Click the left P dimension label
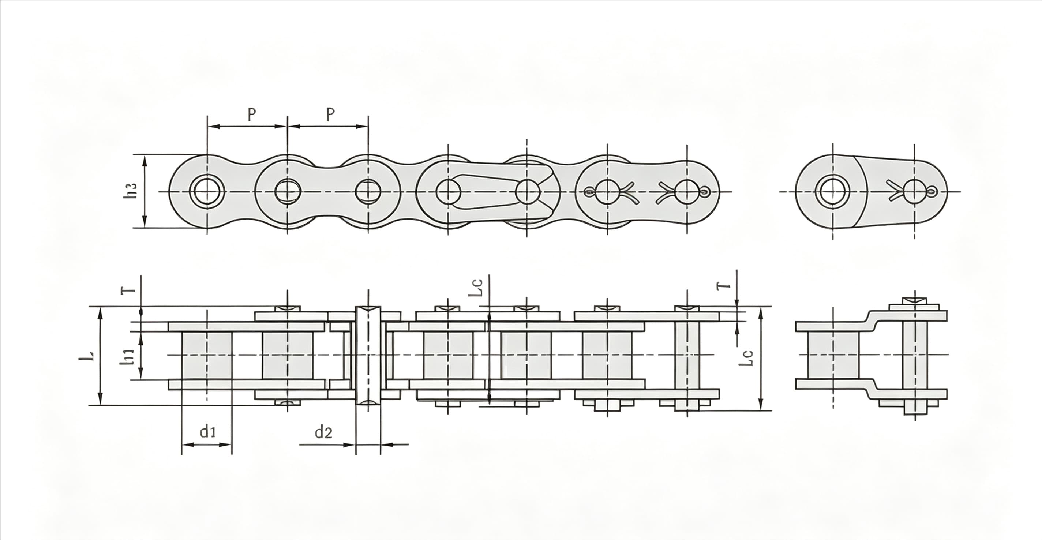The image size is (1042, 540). [252, 115]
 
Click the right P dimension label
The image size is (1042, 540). [330, 115]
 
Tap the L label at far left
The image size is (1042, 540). [91, 355]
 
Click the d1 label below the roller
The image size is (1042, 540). [207, 432]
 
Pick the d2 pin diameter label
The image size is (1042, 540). [323, 432]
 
